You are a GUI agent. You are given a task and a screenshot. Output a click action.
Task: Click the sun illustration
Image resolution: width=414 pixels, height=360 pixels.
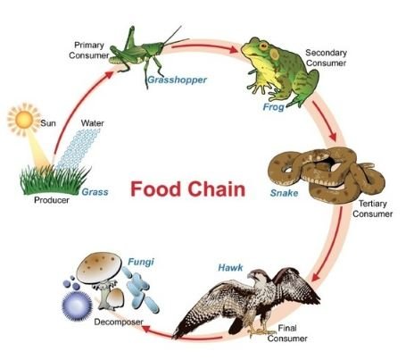click(x=24, y=120)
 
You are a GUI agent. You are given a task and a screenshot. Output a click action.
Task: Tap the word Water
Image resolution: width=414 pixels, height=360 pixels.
click(x=92, y=123)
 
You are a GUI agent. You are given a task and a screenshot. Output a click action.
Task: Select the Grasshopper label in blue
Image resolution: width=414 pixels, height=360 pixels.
click(x=178, y=80)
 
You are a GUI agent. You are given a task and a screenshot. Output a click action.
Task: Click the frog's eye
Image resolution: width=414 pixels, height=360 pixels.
click(x=263, y=46)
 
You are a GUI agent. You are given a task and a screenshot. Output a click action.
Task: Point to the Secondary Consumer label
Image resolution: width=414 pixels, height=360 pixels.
click(x=327, y=58)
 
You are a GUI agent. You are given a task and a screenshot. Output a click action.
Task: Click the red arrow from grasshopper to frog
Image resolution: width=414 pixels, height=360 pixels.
click(x=204, y=47)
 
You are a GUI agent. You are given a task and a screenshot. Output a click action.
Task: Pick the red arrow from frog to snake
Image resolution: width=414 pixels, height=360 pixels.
click(x=325, y=121)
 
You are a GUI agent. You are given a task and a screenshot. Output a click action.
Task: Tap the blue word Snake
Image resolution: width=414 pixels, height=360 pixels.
click(x=284, y=193)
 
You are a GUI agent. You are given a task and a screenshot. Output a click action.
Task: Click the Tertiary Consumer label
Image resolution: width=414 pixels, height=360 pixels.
click(x=373, y=209)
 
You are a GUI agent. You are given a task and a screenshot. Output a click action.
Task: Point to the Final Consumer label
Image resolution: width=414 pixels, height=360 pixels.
click(x=287, y=333)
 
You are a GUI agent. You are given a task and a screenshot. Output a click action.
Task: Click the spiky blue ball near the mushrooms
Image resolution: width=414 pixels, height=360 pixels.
click(x=77, y=306)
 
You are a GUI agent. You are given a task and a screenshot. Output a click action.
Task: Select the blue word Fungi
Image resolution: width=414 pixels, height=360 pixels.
click(x=141, y=262)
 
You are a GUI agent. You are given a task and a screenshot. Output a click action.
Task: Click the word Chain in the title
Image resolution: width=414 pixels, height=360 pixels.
click(x=217, y=189)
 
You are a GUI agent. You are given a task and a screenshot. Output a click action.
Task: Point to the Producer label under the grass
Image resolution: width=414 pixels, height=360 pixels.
click(x=52, y=200)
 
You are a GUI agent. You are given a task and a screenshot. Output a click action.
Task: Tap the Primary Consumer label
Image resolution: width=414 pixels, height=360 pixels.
click(x=89, y=50)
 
